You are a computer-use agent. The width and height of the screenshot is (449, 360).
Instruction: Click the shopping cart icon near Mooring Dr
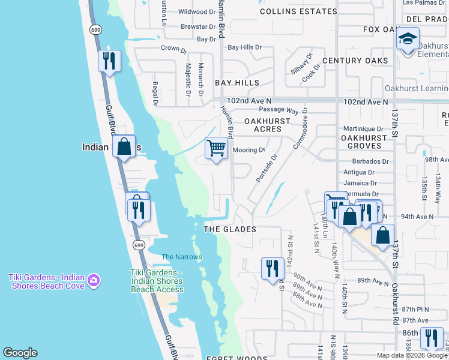216,147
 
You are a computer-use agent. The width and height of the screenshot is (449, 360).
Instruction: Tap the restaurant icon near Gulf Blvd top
109,61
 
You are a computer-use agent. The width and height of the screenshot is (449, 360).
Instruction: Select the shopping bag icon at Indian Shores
124,146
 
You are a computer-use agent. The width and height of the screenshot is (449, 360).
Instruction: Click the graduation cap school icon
408,40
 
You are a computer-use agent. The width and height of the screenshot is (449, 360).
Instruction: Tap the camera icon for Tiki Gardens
93,280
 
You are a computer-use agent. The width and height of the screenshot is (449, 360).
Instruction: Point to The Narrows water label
182,257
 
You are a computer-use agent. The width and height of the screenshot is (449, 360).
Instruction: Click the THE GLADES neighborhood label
230,229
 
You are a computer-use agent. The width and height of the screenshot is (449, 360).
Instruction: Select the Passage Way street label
279,111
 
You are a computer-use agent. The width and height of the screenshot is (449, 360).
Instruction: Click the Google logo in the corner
20,353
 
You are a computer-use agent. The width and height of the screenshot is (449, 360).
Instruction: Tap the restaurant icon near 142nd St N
273,268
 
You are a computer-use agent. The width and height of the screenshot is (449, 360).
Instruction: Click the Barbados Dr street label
370,161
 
